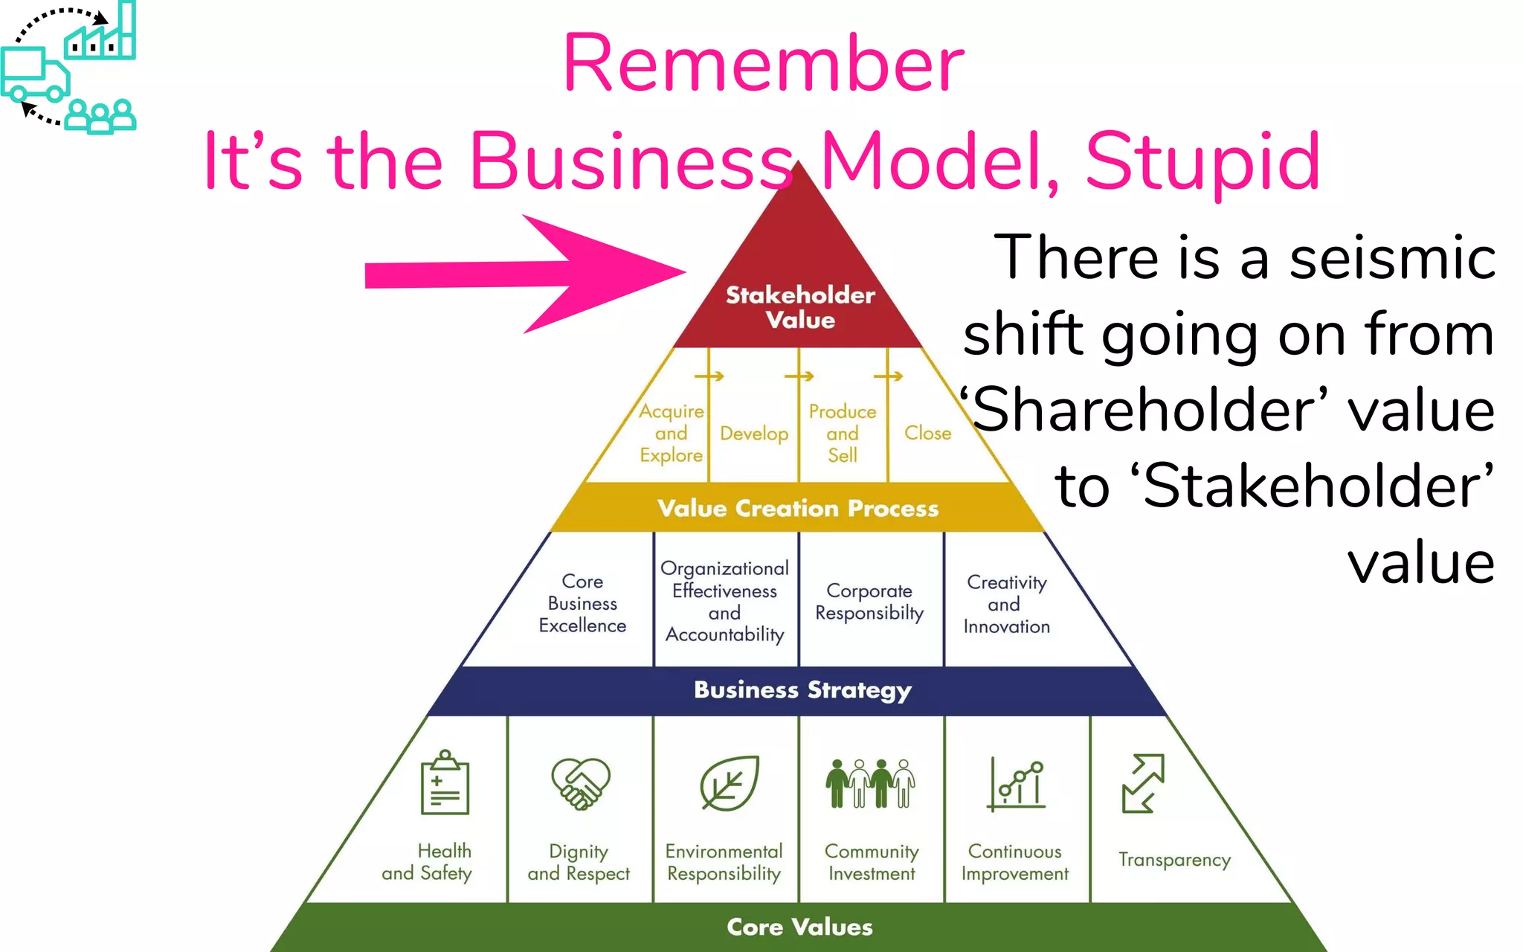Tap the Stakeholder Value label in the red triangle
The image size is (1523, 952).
tap(800, 307)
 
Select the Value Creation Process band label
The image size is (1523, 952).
tap(798, 508)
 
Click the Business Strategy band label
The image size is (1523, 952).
tap(802, 690)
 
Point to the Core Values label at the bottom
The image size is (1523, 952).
tap(799, 927)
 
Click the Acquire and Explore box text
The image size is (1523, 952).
tap(672, 433)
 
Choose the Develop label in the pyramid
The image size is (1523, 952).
tap(754, 434)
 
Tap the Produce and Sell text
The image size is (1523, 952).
tap(843, 433)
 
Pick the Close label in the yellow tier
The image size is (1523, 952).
tap(927, 433)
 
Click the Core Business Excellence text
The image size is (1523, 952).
tap(582, 603)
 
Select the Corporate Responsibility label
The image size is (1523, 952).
tap(869, 602)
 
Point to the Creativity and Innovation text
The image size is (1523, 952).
tap(1006, 604)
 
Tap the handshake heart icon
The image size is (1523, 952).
tap(580, 783)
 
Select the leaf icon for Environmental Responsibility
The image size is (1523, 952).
tap(729, 783)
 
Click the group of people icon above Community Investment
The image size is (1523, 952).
tap(870, 783)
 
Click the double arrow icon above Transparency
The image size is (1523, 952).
tap(1143, 783)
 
